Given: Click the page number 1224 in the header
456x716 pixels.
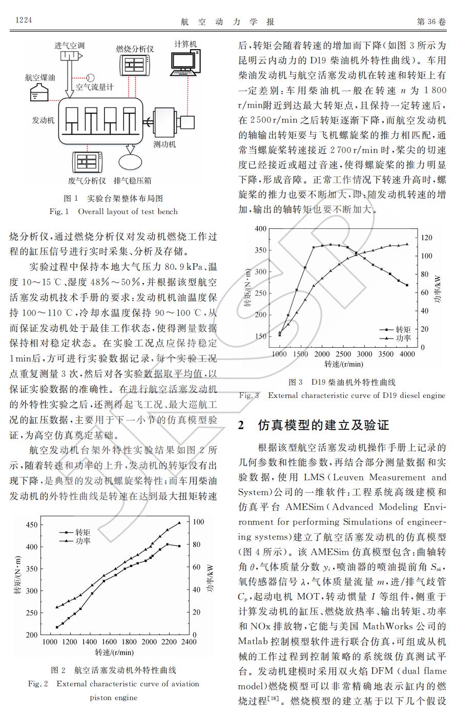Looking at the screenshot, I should (24, 20).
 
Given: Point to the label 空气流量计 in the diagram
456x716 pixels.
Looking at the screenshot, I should (94, 87).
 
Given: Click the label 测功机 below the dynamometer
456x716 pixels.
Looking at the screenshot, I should (164, 144).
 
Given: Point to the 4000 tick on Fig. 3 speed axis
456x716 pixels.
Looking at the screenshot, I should (407, 354).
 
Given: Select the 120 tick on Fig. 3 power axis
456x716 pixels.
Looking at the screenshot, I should (426, 238).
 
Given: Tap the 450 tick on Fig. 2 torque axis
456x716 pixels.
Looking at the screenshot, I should (31, 525).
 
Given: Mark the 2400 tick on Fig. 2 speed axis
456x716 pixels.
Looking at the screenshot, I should (189, 642).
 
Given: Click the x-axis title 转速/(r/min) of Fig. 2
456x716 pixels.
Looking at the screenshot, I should (114, 652).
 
